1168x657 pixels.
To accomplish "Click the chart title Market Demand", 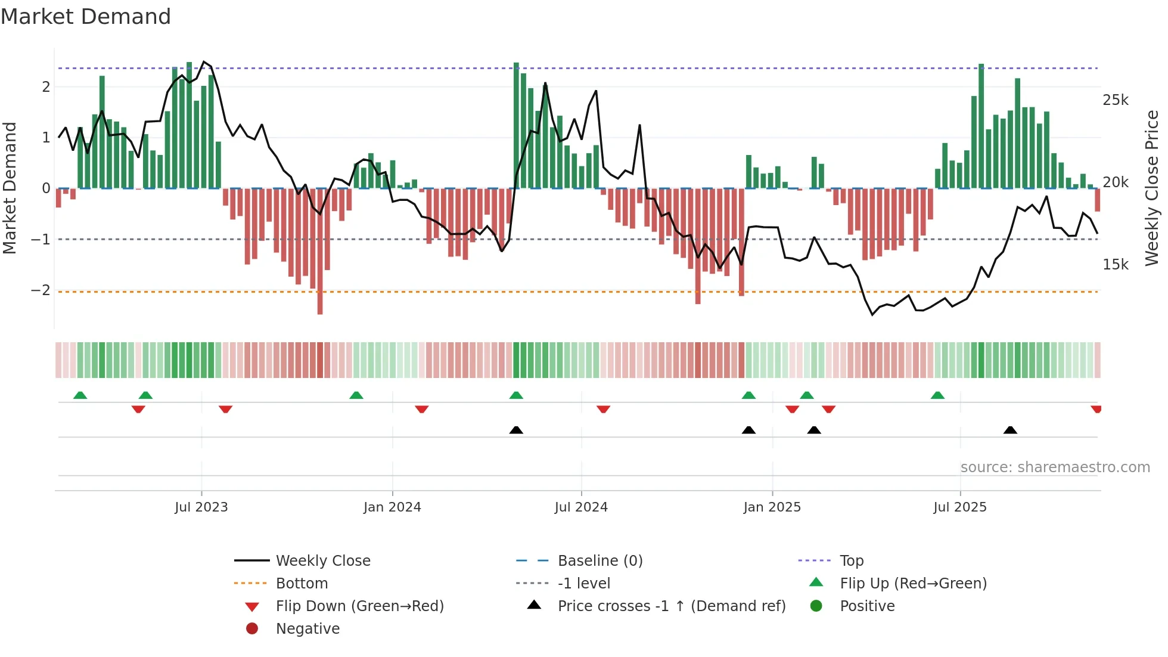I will click(x=86, y=17).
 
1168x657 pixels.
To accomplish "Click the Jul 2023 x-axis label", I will click(x=201, y=507).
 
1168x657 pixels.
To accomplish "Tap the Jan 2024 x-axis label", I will click(x=392, y=507).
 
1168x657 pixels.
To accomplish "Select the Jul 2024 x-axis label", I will click(x=581, y=507).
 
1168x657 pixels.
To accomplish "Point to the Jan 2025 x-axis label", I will click(x=772, y=507).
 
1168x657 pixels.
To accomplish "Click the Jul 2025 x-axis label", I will click(x=960, y=507).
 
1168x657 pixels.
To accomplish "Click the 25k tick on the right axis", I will click(x=1116, y=100).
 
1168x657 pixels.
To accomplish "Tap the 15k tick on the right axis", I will click(x=1116, y=265).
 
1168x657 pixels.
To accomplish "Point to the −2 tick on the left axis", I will click(x=41, y=290).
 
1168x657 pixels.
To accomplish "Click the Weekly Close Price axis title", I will click(x=1152, y=188).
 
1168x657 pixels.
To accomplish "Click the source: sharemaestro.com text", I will click(x=1055, y=467).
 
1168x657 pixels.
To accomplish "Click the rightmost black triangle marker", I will click(x=1010, y=430).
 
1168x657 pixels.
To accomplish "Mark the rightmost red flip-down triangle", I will click(x=1096, y=409).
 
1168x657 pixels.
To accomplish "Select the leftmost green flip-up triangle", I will click(x=80, y=395).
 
